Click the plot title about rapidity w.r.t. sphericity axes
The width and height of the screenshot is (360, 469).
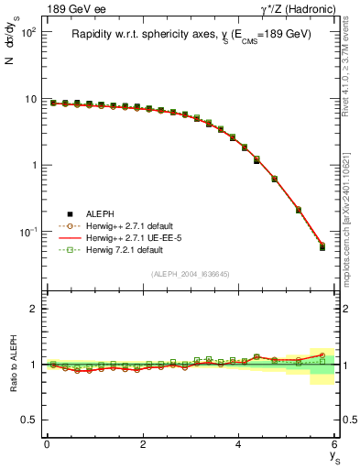191,34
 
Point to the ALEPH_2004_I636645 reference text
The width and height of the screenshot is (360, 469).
191,273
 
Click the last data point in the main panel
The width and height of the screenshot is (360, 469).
322,246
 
